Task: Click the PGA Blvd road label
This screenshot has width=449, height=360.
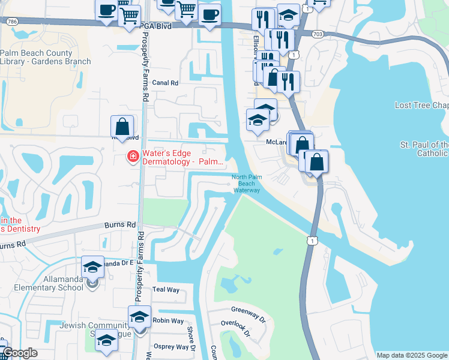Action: pos(157,27)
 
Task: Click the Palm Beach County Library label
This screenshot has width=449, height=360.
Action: pos(46,57)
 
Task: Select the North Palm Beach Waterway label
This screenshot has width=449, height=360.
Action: pos(246,183)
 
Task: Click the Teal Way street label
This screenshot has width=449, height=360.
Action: pos(166,290)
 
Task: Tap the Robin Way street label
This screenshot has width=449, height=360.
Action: pos(168,321)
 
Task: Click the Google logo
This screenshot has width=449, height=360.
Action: pos(20,353)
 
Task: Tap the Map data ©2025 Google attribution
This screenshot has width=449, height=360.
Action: pos(412,355)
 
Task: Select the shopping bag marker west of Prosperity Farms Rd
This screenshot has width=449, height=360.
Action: pos(122,127)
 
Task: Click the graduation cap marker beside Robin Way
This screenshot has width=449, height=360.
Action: pos(139,316)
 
